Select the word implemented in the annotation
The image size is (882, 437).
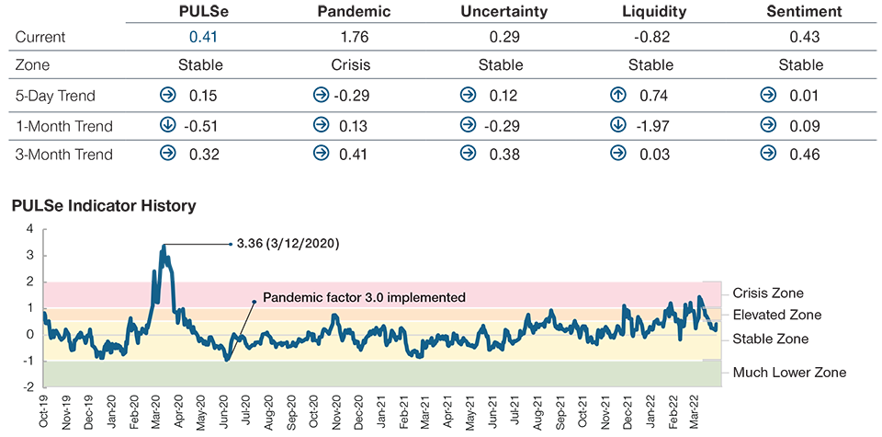[x=431, y=298]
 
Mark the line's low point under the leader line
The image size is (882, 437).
[x=226, y=359]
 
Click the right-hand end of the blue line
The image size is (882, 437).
[x=716, y=323]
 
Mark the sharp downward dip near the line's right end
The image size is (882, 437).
[x=680, y=337]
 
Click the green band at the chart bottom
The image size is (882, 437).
[x=367, y=373]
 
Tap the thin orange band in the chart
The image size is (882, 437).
[x=367, y=315]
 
